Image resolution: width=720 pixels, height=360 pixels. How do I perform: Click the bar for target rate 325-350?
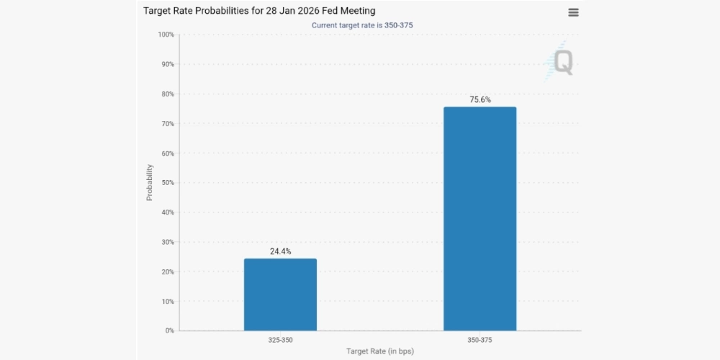280,294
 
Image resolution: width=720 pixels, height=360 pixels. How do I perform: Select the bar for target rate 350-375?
480,219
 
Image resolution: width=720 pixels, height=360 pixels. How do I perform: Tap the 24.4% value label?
280,251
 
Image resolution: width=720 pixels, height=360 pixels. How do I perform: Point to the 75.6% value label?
480,100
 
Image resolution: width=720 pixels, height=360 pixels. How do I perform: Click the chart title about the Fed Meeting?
259,12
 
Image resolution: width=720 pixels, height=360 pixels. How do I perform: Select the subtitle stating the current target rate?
362,25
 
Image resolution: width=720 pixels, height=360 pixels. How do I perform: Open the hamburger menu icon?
573,12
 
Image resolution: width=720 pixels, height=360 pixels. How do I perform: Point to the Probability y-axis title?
150,181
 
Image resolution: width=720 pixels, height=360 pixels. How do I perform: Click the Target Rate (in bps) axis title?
380,351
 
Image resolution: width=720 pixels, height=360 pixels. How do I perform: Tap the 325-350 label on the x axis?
280,338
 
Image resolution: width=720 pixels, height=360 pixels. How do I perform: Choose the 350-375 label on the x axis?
480,338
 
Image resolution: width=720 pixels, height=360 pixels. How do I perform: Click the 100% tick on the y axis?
166,35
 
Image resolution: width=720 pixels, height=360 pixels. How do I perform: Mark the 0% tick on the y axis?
169,330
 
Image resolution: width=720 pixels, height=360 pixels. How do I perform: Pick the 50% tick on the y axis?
167,183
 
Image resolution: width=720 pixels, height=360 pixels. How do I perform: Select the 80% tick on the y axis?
167,94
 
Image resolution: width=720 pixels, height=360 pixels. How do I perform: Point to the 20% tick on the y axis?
167,271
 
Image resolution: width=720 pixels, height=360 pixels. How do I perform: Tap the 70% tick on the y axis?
167,124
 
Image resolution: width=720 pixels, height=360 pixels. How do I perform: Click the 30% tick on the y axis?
167,242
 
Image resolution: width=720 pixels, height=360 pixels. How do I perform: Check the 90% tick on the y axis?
167,65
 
